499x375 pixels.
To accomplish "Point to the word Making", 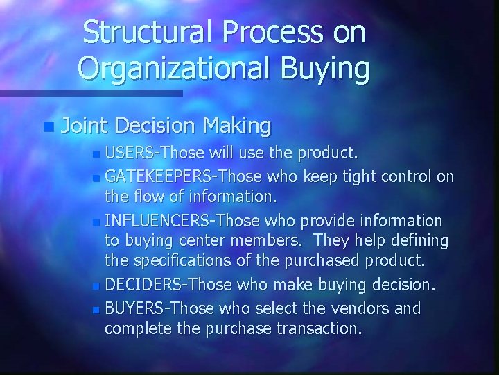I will (x=237, y=126).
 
